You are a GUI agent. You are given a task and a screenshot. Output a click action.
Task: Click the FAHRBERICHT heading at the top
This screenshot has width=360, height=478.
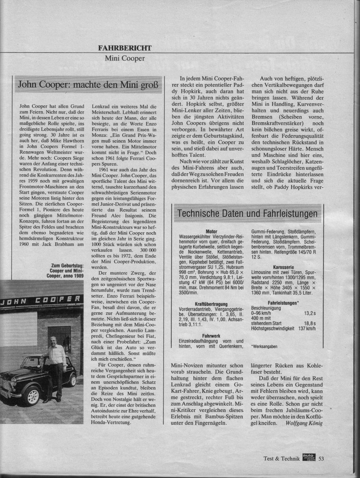coord(125,48)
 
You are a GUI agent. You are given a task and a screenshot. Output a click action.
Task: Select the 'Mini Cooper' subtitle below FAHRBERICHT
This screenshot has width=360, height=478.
coord(125,59)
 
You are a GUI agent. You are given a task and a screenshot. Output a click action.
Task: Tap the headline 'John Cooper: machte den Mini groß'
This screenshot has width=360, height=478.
coord(88,85)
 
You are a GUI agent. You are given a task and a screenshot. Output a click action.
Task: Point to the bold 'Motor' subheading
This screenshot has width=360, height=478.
coord(211,231)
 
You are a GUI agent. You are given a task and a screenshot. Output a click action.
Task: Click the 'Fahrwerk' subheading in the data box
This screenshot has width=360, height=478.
coord(211,335)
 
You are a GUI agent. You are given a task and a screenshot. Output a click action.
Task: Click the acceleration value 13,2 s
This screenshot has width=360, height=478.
coord(310,313)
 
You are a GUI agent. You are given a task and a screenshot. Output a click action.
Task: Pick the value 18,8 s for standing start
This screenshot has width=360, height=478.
coord(310,323)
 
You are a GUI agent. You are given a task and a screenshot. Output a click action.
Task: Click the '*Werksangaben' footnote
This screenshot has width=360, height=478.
coord(264,347)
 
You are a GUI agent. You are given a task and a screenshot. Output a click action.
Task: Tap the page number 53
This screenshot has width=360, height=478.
coord(321,458)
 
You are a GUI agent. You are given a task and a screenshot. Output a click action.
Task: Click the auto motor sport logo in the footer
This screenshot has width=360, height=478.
coord(309,458)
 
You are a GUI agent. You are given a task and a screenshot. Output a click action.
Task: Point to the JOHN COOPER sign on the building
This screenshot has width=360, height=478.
coord(42,299)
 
